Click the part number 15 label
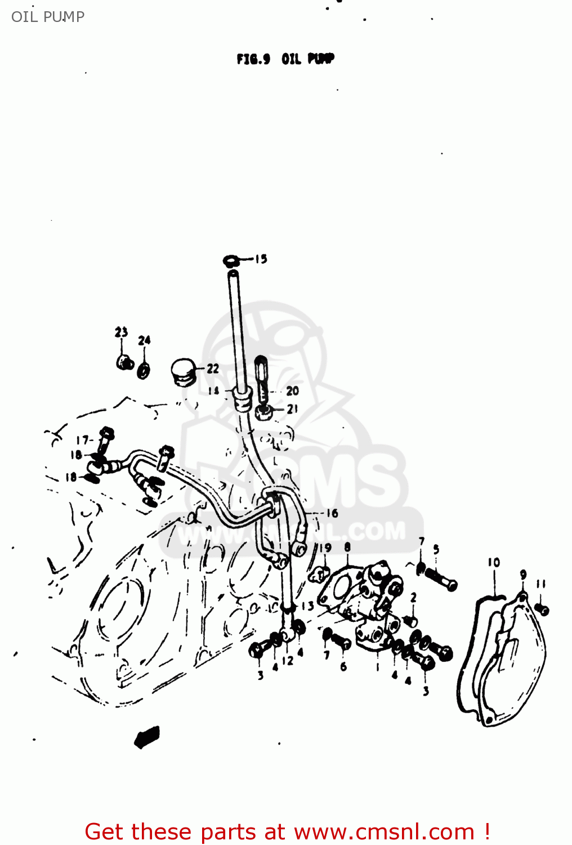pyautogui.click(x=261, y=259)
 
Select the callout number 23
pyautogui.click(x=121, y=332)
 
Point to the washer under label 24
pyautogui.click(x=144, y=370)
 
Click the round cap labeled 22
pyautogui.click(x=182, y=371)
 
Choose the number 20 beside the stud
pyautogui.click(x=292, y=391)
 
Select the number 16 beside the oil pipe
pyautogui.click(x=332, y=513)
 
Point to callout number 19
pyautogui.click(x=325, y=548)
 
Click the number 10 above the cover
pyautogui.click(x=494, y=562)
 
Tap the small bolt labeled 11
pyautogui.click(x=542, y=609)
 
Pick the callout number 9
pyautogui.click(x=523, y=575)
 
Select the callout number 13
pyautogui.click(x=307, y=606)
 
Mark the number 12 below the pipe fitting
pyautogui.click(x=288, y=661)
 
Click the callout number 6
pyautogui.click(x=343, y=667)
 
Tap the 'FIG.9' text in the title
pyautogui.click(x=253, y=59)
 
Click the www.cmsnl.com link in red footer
pyautogui.click(x=384, y=831)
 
